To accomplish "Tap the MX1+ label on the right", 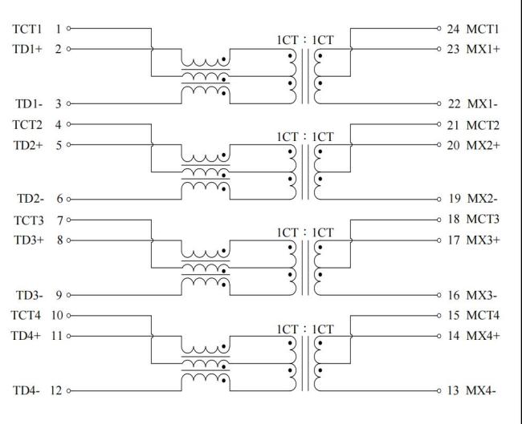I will point(483,49).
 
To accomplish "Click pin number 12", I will point(57,391).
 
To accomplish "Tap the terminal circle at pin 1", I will point(69,29).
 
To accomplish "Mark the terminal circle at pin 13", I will point(439,391).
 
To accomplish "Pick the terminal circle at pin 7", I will point(69,219).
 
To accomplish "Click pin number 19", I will point(453,198).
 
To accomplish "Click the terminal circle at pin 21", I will point(439,125).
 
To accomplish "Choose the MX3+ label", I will point(483,240).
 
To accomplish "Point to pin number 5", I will point(59,145).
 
